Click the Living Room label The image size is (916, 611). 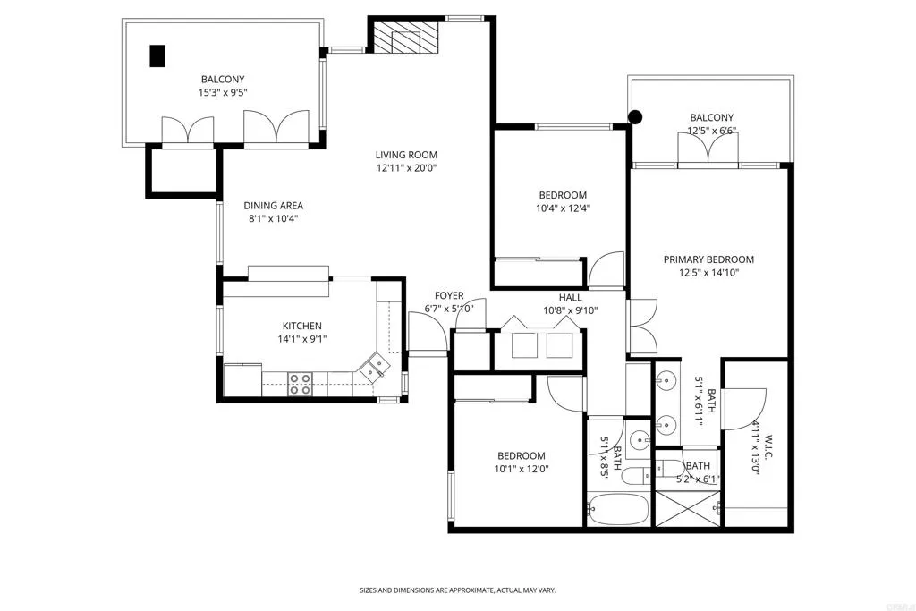(406, 155)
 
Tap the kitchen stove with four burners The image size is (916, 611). (300, 384)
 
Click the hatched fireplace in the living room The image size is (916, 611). (405, 38)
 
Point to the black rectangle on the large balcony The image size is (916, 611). (157, 56)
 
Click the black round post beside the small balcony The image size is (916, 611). (635, 117)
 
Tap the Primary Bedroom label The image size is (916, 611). (708, 259)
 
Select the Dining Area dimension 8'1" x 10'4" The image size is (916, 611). (274, 218)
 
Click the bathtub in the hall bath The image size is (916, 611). (619, 509)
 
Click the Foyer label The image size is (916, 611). (449, 295)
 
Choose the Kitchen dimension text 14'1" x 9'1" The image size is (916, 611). (302, 339)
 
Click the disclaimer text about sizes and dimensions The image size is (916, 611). (457, 590)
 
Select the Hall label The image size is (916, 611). (570, 297)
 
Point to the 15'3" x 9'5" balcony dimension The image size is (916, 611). (223, 92)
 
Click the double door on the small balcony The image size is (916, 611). (708, 148)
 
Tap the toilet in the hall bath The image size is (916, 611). (636, 476)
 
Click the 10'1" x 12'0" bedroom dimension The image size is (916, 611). (522, 469)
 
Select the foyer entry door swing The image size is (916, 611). (427, 333)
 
